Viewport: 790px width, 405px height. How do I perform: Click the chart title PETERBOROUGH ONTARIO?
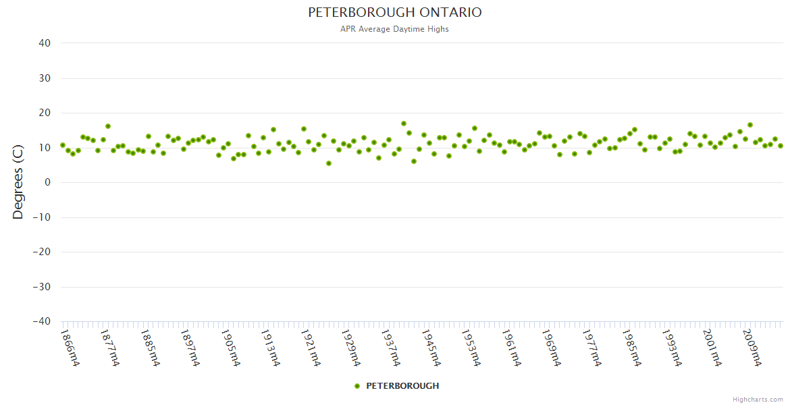(395, 13)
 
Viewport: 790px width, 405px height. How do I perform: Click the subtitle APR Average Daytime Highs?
(395, 29)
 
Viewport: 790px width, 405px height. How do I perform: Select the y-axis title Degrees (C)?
(18, 182)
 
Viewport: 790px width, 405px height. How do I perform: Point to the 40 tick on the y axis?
(45, 43)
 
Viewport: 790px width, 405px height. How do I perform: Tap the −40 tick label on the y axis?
(41, 322)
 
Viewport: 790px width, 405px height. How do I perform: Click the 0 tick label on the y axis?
(48, 182)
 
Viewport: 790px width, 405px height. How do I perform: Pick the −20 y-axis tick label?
(41, 252)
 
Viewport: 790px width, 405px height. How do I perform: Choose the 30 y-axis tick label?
(45, 78)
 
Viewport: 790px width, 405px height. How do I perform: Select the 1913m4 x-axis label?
(270, 347)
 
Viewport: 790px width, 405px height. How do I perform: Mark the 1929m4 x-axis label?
(350, 347)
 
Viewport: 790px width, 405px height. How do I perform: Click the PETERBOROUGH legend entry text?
(402, 386)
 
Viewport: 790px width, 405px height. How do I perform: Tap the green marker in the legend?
(357, 386)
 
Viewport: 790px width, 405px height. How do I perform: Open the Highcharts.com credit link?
(758, 399)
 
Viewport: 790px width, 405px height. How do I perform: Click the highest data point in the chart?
(404, 124)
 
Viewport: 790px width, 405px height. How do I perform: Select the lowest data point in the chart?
(329, 163)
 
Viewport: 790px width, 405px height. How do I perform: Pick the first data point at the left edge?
(63, 145)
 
